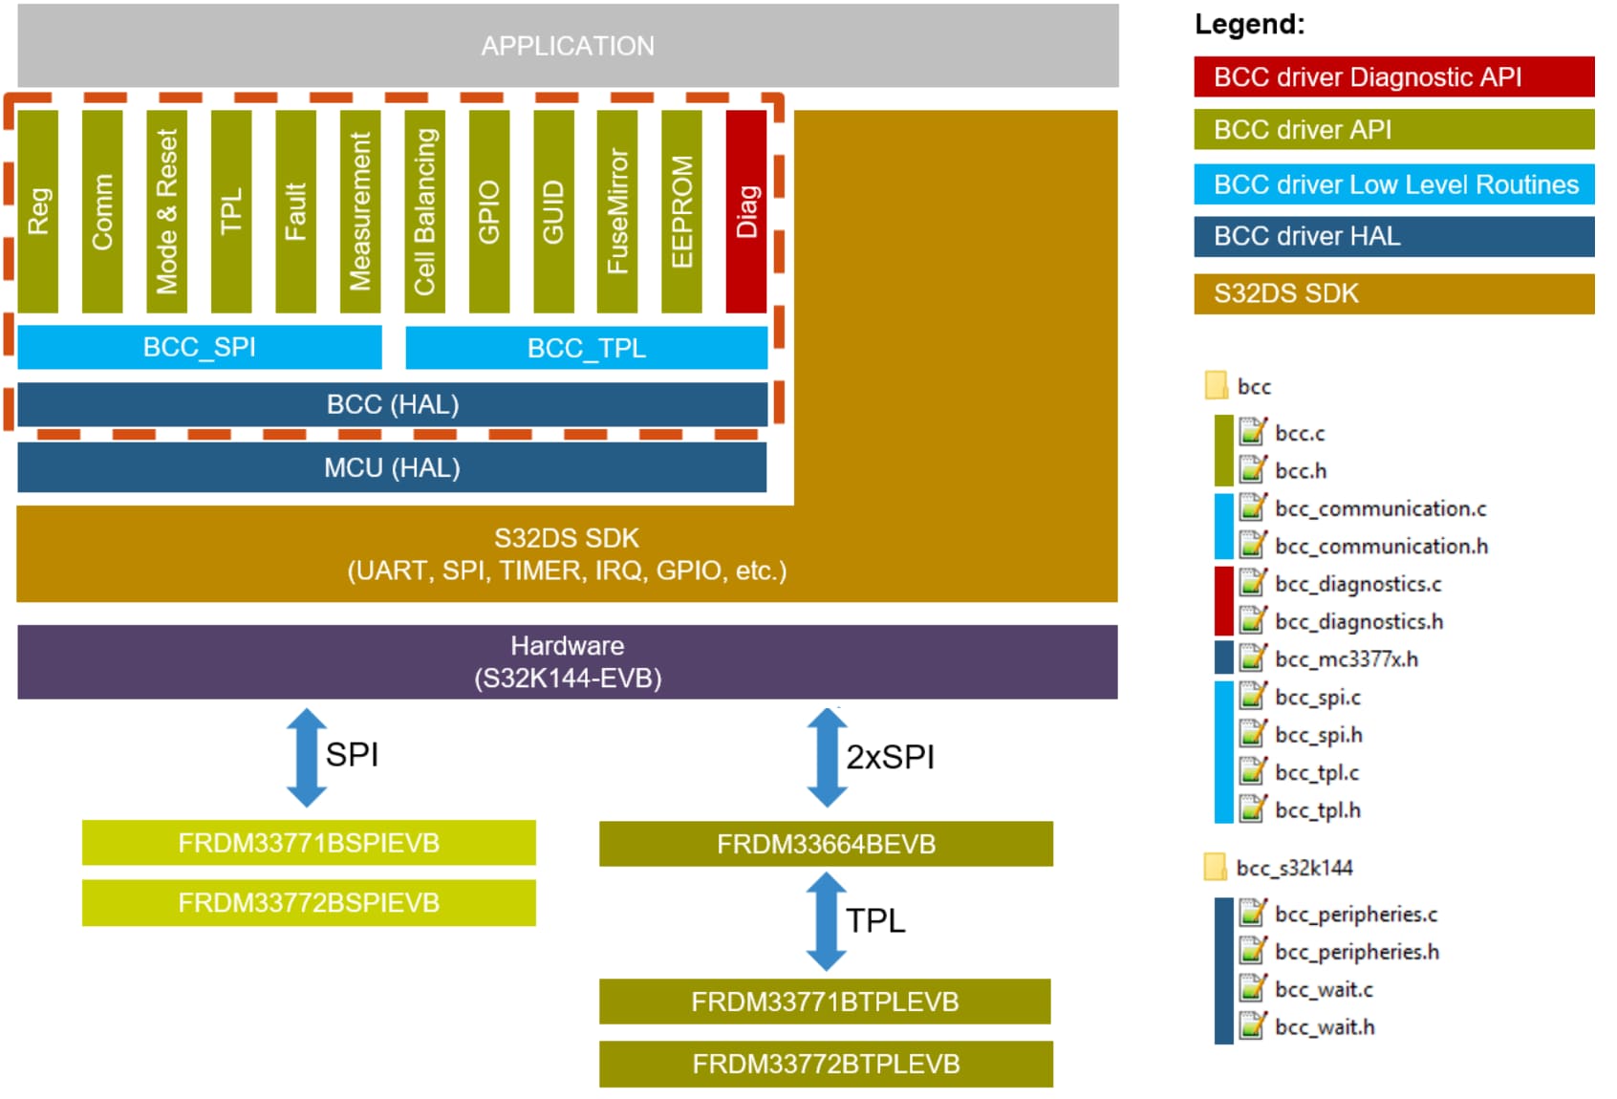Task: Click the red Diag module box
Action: click(745, 211)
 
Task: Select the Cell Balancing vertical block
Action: click(424, 211)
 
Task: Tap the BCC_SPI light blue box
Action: click(200, 347)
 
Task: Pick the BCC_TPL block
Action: click(586, 348)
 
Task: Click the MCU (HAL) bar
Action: click(392, 467)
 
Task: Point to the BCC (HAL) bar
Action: click(392, 404)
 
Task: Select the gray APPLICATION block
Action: click(568, 46)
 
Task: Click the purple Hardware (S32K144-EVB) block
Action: click(568, 661)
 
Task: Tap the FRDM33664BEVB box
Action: click(826, 844)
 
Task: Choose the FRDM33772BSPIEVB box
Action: click(309, 903)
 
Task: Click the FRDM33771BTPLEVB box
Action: click(825, 1002)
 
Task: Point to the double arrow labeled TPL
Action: click(826, 921)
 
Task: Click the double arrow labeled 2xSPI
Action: click(827, 757)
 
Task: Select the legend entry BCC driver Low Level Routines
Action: click(1393, 184)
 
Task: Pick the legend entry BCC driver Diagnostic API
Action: click(1393, 76)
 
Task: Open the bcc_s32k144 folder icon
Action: click(1215, 867)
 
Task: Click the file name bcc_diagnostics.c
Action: click(1358, 584)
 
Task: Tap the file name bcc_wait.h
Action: click(1325, 1027)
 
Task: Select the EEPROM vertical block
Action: click(681, 211)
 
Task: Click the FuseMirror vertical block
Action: click(617, 211)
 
